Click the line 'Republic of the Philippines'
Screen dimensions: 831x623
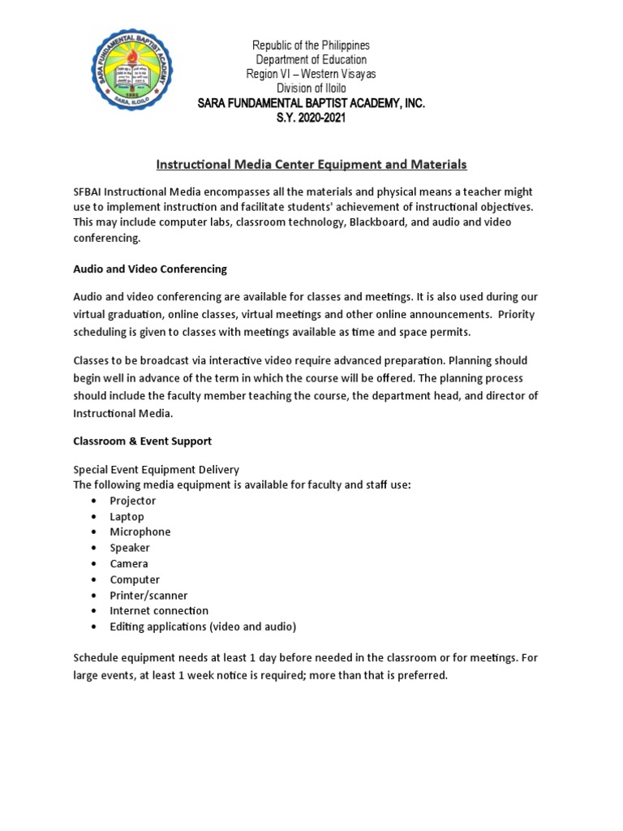(311, 45)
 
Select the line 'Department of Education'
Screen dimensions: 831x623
(311, 60)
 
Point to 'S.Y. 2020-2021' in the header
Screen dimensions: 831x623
(311, 118)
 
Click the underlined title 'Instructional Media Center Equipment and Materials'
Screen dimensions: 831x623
(311, 165)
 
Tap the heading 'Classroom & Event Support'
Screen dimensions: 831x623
(142, 441)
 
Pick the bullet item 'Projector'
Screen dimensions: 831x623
(133, 501)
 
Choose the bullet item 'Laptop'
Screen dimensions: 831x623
(127, 517)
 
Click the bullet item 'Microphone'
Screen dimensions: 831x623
(140, 532)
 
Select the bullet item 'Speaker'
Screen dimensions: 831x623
(130, 548)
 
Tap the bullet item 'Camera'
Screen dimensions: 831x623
(129, 564)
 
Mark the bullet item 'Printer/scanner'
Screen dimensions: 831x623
(148, 596)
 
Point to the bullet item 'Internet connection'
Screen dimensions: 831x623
(159, 611)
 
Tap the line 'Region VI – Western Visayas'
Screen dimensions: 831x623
(311, 75)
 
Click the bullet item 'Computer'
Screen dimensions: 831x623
(135, 579)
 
